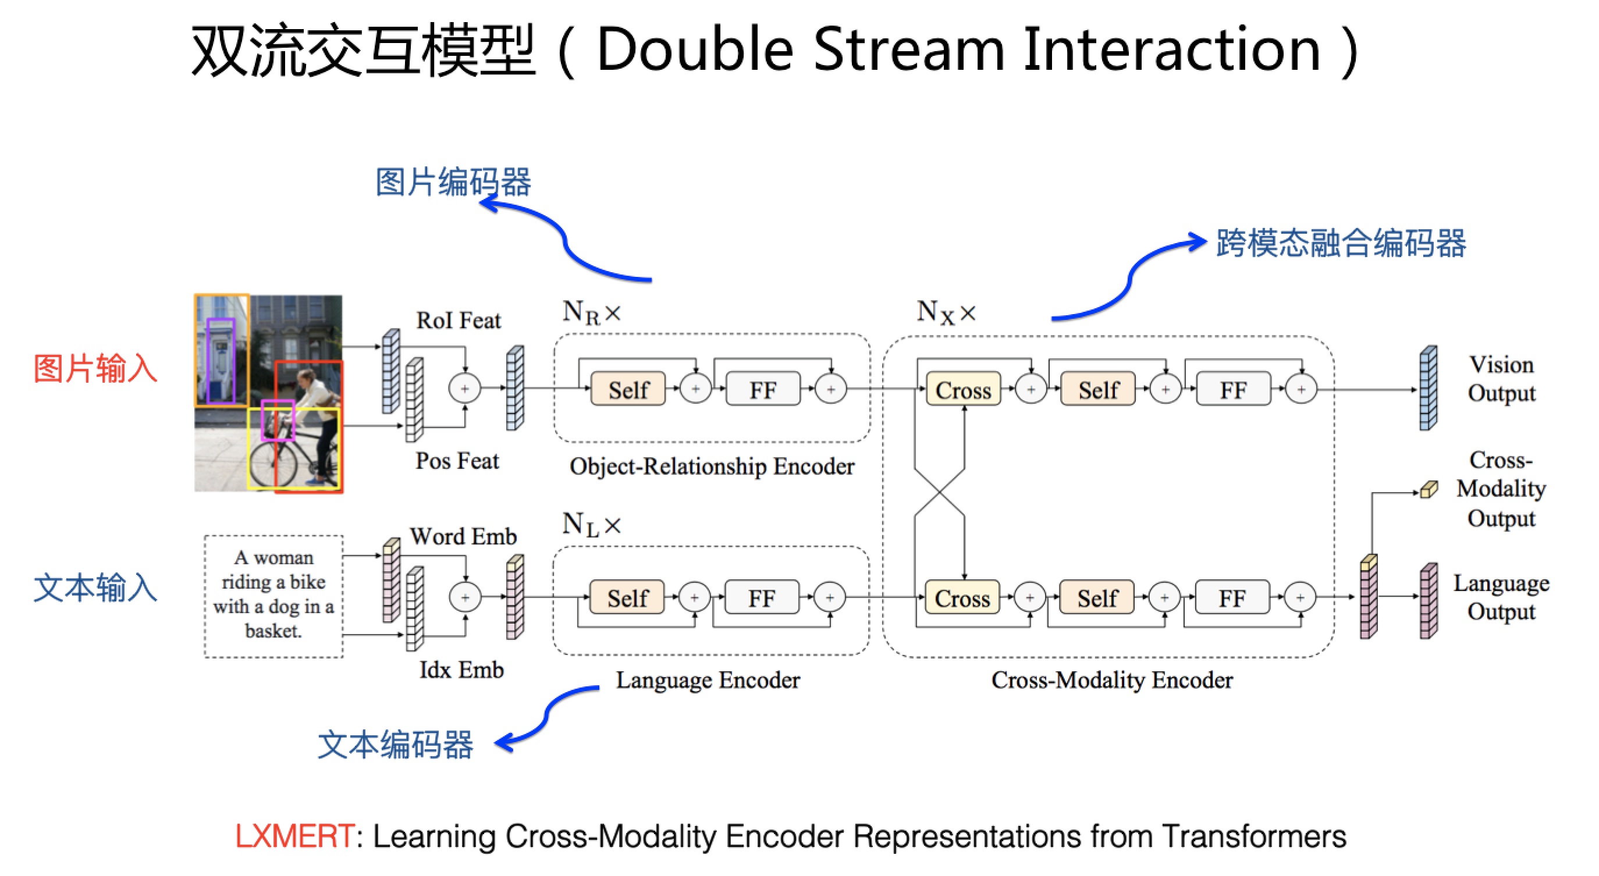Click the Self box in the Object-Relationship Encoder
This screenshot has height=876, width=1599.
[x=628, y=390]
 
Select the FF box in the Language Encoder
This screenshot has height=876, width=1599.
[x=762, y=597]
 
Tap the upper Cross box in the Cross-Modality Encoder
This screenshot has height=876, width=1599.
[x=963, y=390]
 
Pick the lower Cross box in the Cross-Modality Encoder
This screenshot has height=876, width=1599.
[x=961, y=597]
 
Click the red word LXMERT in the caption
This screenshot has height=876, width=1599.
[x=295, y=836]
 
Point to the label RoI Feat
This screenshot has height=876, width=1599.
[x=458, y=320]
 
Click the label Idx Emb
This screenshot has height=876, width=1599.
[x=461, y=670]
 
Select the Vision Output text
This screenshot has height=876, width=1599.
[x=1501, y=379]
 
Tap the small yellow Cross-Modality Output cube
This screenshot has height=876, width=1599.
[x=1429, y=490]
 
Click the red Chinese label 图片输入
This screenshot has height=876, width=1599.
[x=95, y=369]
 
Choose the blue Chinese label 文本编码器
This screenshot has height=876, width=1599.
[x=396, y=744]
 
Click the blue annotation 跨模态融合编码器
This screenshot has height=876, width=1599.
[x=1341, y=243]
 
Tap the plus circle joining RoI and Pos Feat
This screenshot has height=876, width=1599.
[x=464, y=389]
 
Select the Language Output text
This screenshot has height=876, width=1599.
[x=1501, y=597]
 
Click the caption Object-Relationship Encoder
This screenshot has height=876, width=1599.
[x=712, y=466]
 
